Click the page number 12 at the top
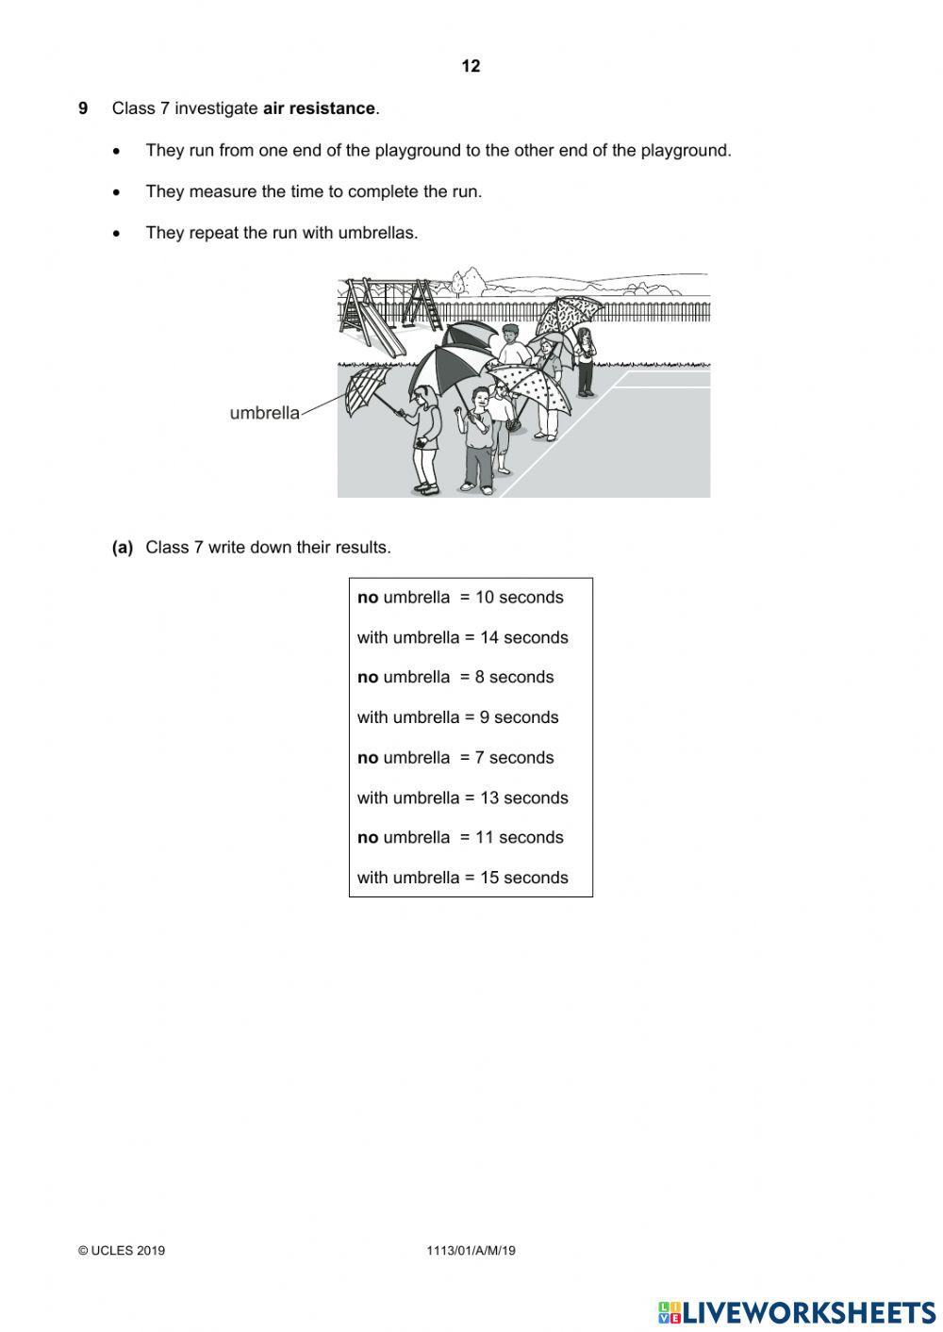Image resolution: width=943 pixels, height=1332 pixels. [x=471, y=66]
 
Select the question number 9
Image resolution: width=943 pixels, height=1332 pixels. [x=83, y=108]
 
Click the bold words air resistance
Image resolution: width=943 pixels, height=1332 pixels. [x=319, y=108]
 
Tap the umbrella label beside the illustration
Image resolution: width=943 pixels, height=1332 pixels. [x=264, y=413]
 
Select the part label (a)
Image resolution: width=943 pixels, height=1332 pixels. [x=123, y=548]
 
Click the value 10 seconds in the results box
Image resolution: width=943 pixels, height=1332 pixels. [x=519, y=598]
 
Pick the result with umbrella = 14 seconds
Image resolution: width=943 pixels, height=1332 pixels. [x=462, y=638]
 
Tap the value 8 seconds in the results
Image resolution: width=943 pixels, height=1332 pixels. [x=514, y=678]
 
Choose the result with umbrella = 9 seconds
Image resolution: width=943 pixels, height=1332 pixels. [x=457, y=717]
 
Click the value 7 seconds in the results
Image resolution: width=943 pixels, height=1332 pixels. [x=514, y=758]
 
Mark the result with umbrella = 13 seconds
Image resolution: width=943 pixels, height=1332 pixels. [x=462, y=798]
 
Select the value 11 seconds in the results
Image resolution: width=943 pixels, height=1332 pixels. [x=519, y=838]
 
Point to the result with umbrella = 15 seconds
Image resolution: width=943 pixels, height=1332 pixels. [x=462, y=878]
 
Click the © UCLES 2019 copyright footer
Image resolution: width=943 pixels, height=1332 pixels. [x=122, y=1251]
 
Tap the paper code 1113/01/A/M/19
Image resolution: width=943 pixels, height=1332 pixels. [x=471, y=1251]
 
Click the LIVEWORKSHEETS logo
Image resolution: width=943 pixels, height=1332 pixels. [x=797, y=1312]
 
